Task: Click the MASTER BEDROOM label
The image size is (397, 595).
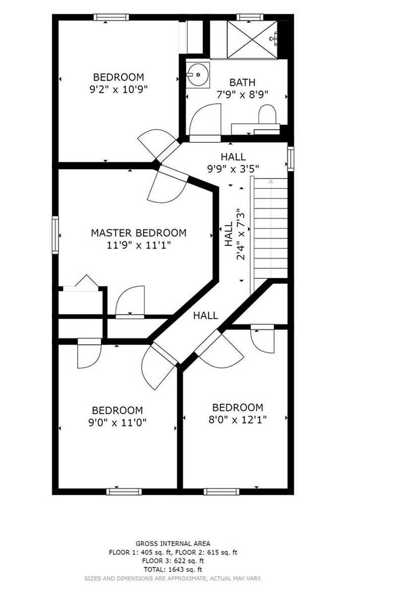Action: click(138, 233)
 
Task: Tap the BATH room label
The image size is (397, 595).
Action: click(242, 82)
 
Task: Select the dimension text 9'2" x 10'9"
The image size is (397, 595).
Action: click(119, 90)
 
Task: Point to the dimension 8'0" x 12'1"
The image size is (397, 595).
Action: click(238, 419)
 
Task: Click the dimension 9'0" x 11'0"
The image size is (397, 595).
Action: click(118, 422)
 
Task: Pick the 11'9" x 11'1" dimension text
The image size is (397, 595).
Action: click(138, 245)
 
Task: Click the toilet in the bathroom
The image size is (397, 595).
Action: click(267, 115)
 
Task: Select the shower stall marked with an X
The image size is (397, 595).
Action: click(252, 39)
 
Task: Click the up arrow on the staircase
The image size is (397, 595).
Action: click(270, 181)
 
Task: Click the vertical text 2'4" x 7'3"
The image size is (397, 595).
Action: click(240, 234)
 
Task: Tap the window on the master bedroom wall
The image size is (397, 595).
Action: click(55, 235)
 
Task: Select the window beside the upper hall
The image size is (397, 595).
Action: click(291, 159)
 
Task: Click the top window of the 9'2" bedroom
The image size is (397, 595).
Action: click(112, 17)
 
